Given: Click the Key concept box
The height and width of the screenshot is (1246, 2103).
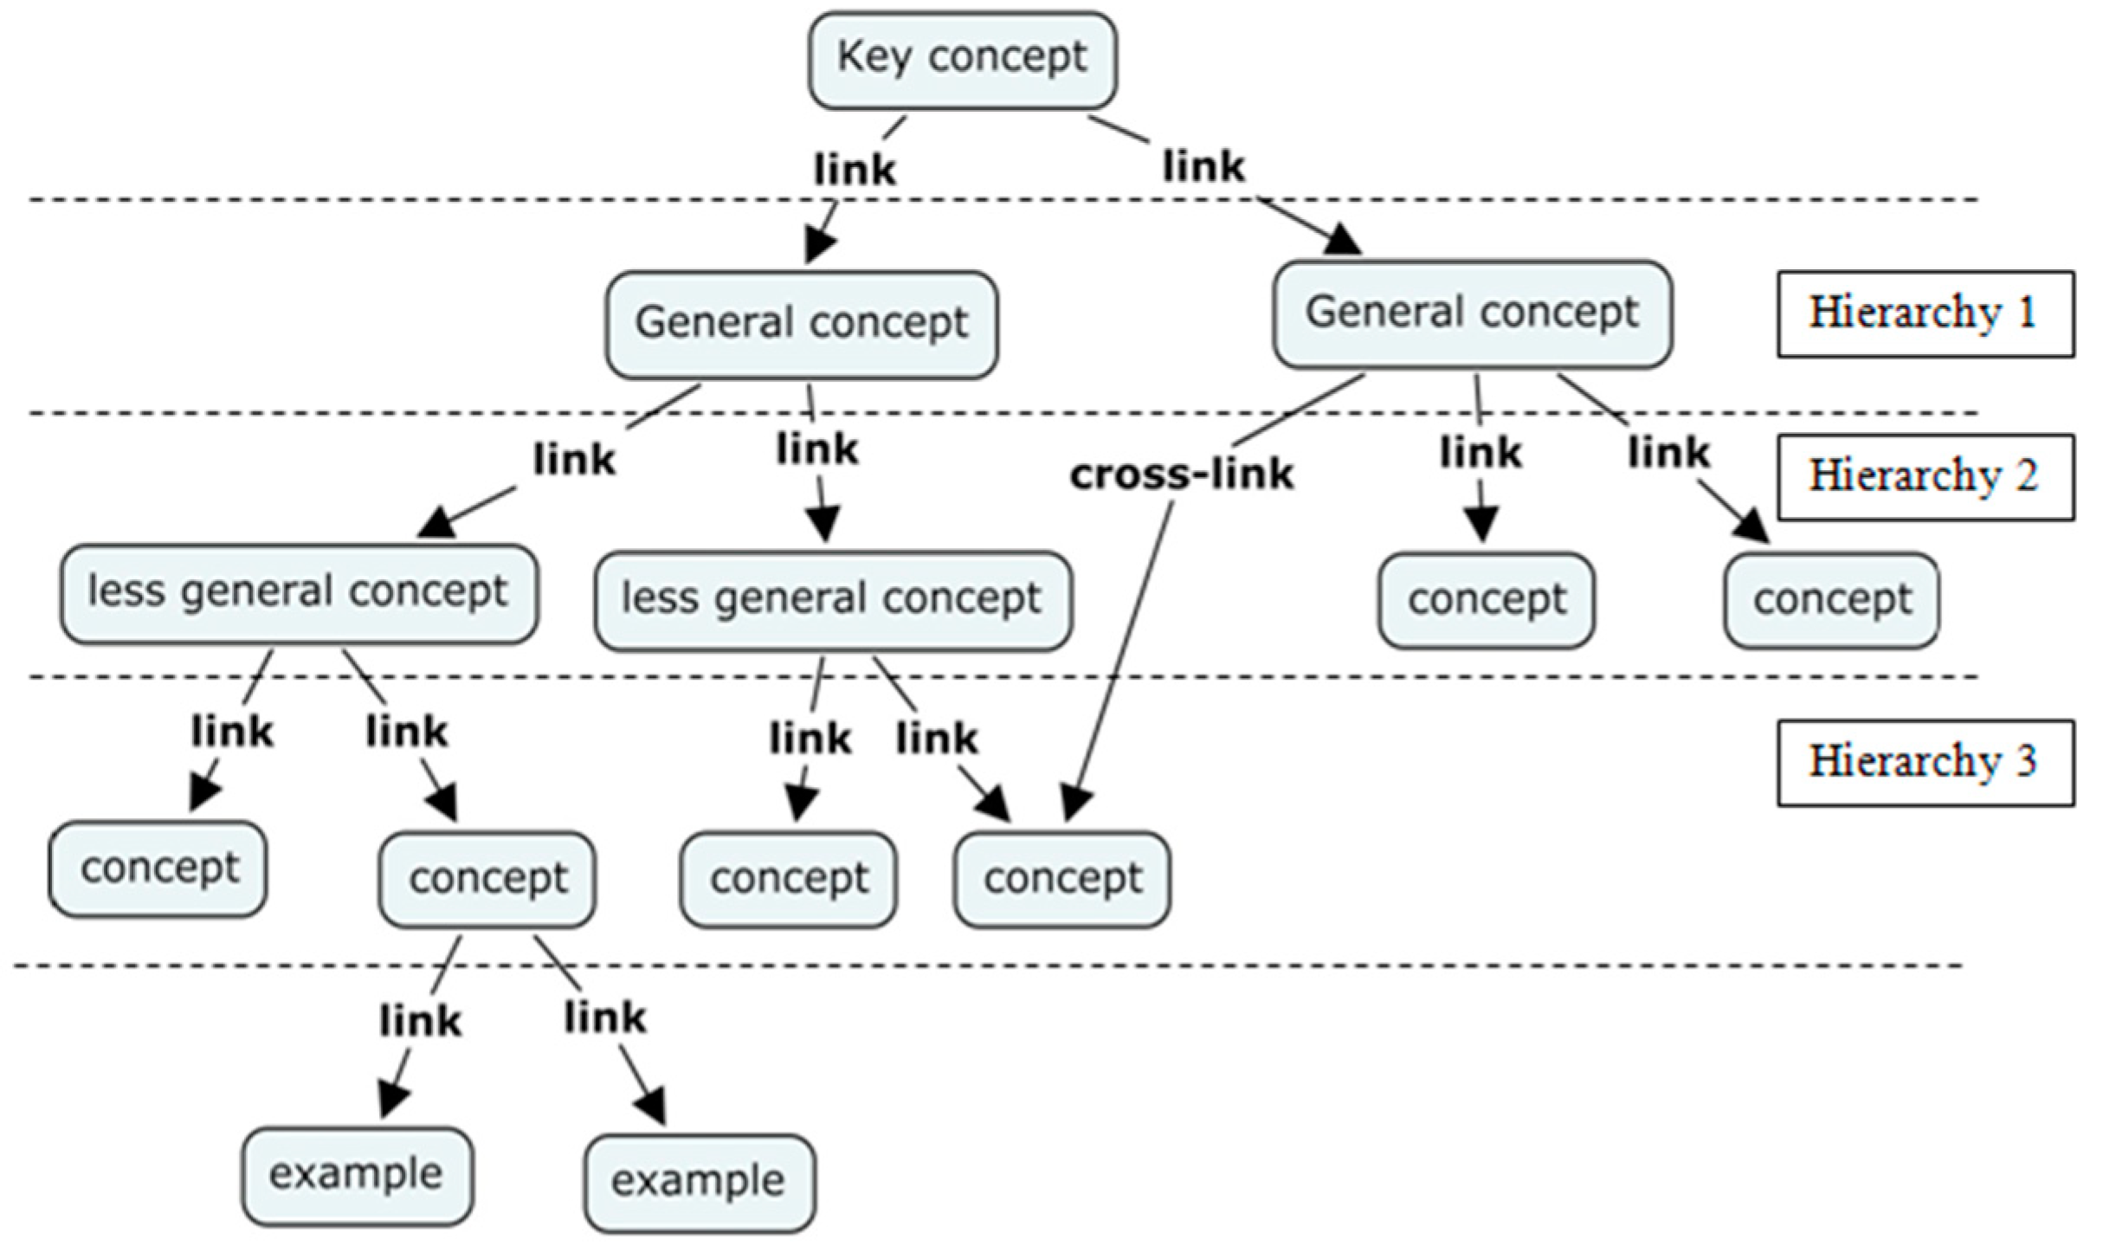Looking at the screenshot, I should click(x=962, y=60).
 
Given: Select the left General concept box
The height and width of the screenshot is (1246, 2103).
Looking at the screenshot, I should click(x=801, y=325).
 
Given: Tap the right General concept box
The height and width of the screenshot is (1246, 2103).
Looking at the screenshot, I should click(x=1472, y=313).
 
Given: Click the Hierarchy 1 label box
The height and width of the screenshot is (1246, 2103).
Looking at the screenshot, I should click(x=1925, y=313).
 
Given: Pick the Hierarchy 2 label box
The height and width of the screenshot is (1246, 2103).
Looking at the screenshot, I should click(x=1925, y=477).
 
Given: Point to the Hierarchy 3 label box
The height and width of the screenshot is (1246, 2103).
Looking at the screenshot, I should click(x=1925, y=762).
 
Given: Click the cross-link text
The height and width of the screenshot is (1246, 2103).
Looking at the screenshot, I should click(x=1181, y=475).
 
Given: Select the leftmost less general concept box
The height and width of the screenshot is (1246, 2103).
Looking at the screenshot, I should click(x=299, y=593).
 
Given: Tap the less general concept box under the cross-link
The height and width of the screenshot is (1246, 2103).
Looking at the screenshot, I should click(x=832, y=599).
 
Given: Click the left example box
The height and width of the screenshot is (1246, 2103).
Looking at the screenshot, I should click(x=357, y=1175).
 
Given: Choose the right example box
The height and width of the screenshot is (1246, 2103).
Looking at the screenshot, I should click(x=699, y=1182).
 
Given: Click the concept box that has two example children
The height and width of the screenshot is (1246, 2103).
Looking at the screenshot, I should click(x=487, y=879).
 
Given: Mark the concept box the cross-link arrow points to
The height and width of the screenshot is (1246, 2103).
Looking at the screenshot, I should click(x=1062, y=879).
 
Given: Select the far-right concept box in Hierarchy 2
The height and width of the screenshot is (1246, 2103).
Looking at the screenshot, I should click(x=1831, y=599).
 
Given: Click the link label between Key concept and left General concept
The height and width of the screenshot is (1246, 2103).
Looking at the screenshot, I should click(x=855, y=169).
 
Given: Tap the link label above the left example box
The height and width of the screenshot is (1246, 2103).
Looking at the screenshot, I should click(x=420, y=1021).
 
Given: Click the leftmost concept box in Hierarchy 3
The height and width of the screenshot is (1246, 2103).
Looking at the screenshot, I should click(x=158, y=868).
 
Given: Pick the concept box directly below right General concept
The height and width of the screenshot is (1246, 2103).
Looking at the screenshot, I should click(x=1486, y=599).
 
